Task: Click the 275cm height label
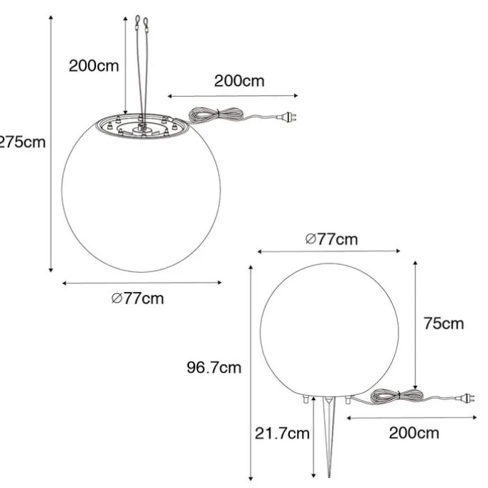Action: [23, 142]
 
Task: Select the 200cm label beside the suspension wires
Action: [94, 66]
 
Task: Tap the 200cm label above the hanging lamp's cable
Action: [239, 81]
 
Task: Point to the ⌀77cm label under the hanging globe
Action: [138, 298]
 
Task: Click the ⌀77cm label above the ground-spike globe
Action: [332, 239]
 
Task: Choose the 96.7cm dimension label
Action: [214, 367]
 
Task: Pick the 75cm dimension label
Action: [443, 323]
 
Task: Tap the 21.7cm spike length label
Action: [282, 433]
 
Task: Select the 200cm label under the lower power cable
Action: [414, 433]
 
